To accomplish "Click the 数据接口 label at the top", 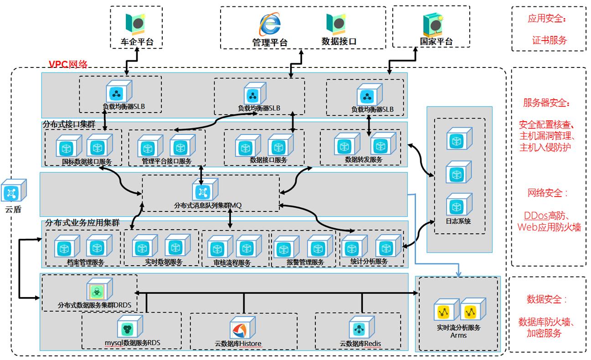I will pos(339,41).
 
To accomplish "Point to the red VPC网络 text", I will pos(68,64).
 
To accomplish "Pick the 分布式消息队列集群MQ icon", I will pos(205,190).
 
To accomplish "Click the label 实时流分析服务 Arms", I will pos(458,331).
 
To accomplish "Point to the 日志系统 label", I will pos(459,221).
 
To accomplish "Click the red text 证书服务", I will pos(549,40).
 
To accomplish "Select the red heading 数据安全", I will pos(547,299).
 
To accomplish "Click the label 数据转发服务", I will pos(363,159).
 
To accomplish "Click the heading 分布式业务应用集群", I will pos(82,223).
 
